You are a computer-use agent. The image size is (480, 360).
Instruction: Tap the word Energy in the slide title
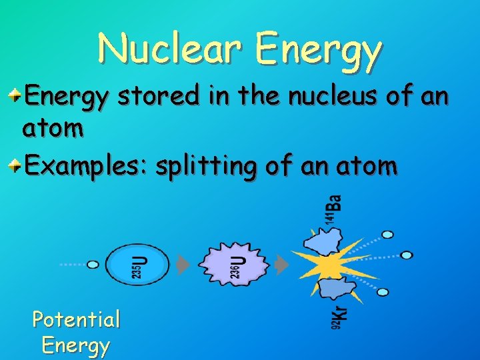tap(319, 51)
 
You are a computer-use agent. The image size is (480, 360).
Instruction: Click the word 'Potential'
tap(76, 320)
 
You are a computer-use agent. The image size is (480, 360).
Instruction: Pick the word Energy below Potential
tap(76, 345)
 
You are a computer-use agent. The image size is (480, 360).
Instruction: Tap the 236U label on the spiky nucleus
tap(237, 264)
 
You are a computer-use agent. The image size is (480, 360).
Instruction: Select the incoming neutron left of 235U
tap(93, 265)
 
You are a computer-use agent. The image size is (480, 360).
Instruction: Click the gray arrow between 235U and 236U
tap(183, 265)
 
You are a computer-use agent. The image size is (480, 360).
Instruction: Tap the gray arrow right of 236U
tap(282, 265)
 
